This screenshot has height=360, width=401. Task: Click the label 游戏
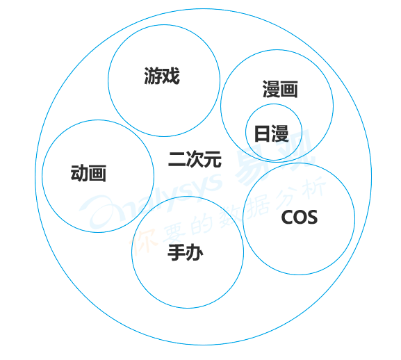pyautogui.click(x=162, y=76)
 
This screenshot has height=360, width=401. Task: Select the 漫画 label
pyautogui.click(x=280, y=89)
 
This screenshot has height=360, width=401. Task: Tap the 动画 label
pyautogui.click(x=88, y=173)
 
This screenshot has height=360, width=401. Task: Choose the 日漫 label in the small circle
pyautogui.click(x=271, y=133)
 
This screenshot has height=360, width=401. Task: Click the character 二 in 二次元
pyautogui.click(x=177, y=159)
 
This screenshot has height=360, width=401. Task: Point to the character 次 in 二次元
pyautogui.click(x=195, y=159)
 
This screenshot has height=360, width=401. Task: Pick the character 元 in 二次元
pyautogui.click(x=213, y=159)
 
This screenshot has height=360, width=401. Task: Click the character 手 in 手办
pyautogui.click(x=177, y=252)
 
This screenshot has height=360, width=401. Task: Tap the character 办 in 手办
pyautogui.click(x=195, y=252)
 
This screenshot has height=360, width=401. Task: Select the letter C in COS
pyautogui.click(x=287, y=218)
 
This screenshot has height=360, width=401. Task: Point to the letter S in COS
pyautogui.click(x=312, y=218)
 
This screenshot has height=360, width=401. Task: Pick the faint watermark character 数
pyautogui.click(x=229, y=214)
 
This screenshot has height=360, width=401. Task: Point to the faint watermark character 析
pyautogui.click(x=314, y=186)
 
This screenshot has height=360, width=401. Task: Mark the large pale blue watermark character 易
pyautogui.click(x=252, y=166)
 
